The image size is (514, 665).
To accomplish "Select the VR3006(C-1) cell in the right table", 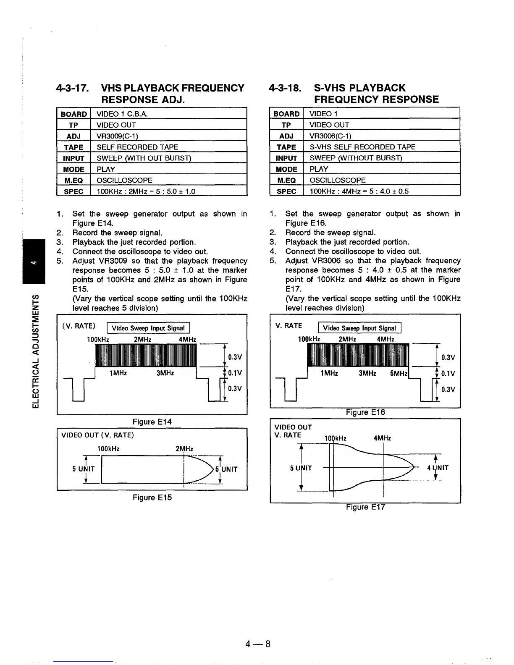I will point(330,136).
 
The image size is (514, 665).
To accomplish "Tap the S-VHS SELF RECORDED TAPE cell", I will point(362,147).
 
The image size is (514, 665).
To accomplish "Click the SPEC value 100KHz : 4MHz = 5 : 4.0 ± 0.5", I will point(359,191).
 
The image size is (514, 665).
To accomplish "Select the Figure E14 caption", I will point(152,422).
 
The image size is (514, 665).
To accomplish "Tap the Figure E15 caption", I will point(152,497).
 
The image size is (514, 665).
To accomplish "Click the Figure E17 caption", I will point(365,507).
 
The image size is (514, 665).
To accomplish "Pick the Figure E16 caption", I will point(365,413).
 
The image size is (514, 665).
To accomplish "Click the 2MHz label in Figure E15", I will point(184,449).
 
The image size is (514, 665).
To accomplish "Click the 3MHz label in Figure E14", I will point(165,373).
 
